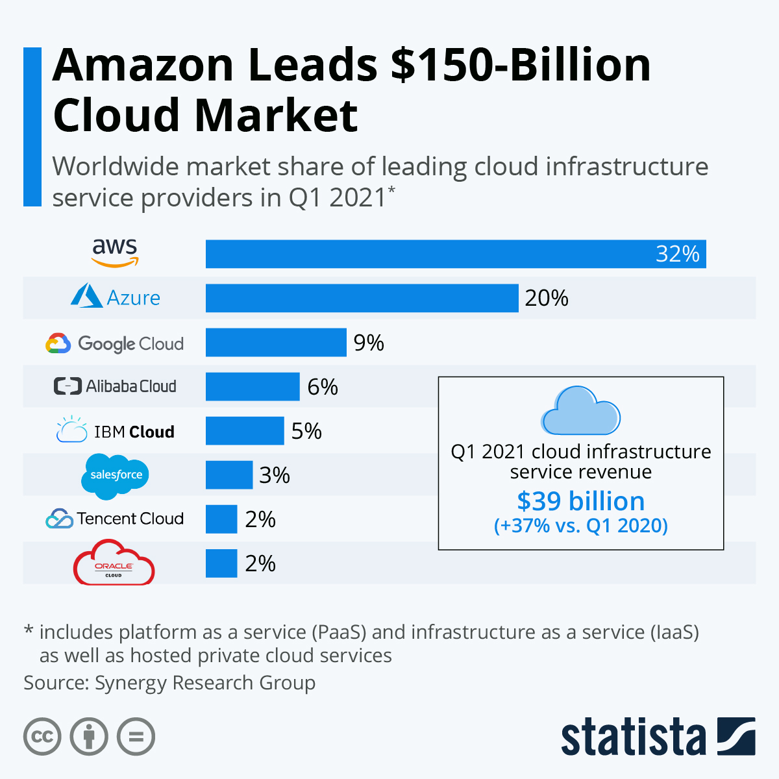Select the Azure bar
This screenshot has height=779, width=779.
362,298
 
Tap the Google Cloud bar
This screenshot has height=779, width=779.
276,342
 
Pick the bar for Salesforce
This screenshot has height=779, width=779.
229,475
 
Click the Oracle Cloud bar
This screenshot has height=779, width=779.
221,563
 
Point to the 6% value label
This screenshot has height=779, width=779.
323,387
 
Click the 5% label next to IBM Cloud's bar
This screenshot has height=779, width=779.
306,431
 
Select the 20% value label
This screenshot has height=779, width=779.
547,298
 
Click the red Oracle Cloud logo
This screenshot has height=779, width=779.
114,563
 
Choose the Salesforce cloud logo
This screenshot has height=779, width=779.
116,475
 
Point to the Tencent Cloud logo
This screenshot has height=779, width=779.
115,519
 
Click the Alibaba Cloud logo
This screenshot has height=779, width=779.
115,386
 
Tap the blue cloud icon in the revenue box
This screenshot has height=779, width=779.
580,411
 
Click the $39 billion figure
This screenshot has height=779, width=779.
580,501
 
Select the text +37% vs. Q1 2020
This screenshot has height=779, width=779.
580,525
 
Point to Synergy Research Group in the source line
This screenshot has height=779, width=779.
205,683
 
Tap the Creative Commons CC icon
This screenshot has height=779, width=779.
42,737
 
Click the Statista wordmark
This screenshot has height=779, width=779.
633,737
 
